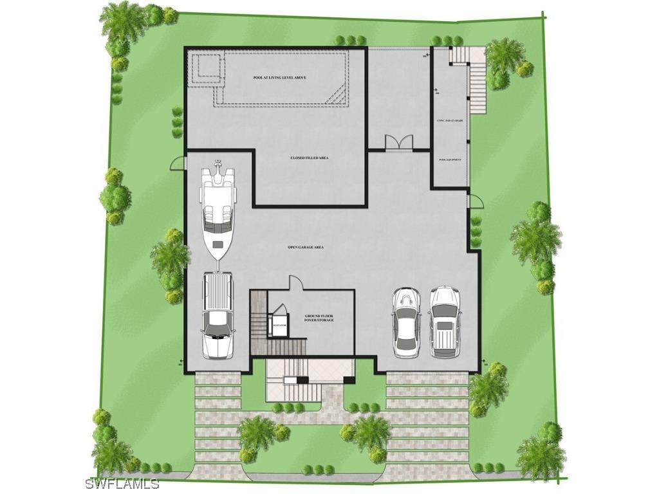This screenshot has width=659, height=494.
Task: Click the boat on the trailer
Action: (217, 209)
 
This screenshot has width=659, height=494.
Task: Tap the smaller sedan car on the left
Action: (406, 322)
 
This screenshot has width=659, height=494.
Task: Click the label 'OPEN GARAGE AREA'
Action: (305, 247)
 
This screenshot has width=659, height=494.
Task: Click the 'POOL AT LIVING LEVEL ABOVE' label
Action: (279, 78)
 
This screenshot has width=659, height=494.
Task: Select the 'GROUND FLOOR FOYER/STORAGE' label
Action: (319, 318)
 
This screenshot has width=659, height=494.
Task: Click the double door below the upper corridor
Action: (397, 143)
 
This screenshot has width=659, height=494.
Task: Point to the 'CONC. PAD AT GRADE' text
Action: (450, 120)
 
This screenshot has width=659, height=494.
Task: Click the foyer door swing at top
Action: (294, 282)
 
